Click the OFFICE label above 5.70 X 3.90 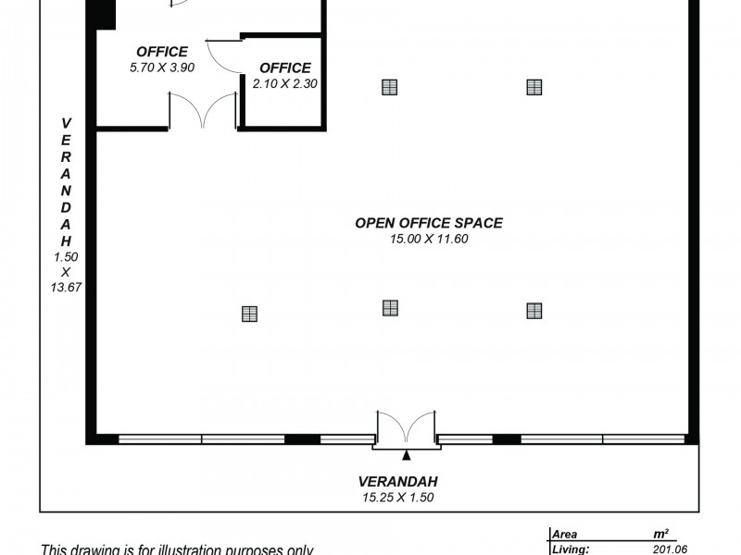(162, 52)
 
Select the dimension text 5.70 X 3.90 (162, 67)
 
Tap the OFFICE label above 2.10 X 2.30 (285, 68)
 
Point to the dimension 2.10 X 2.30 (285, 83)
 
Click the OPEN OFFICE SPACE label (429, 223)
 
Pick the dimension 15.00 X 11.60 (429, 239)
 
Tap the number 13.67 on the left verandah (66, 288)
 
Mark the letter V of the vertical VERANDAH (66, 122)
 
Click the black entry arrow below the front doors (406, 455)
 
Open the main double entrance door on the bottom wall (406, 430)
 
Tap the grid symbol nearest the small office (389, 87)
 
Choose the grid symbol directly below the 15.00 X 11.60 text (390, 308)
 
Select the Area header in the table (565, 535)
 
